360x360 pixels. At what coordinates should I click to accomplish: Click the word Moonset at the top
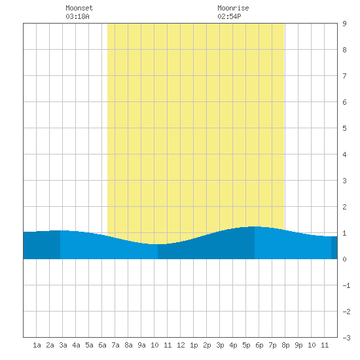[79, 8]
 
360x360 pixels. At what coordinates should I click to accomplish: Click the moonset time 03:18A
[77, 16]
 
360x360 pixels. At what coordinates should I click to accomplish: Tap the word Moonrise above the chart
[233, 8]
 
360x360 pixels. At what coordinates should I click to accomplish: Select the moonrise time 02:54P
[229, 16]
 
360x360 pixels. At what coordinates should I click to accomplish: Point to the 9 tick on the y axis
[344, 24]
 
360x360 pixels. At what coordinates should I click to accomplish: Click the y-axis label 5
[344, 128]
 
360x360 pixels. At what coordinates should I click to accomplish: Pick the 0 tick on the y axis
[344, 259]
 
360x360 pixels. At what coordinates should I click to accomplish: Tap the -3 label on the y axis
[346, 338]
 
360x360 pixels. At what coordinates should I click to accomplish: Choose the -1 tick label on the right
[346, 285]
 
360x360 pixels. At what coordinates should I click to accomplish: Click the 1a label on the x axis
[37, 345]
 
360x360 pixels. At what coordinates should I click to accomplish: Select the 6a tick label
[102, 345]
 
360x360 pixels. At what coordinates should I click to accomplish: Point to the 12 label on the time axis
[181, 345]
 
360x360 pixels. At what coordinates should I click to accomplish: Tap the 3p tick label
[220, 345]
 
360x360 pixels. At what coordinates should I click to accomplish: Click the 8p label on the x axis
[285, 345]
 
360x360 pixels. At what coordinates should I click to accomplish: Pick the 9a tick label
[141, 345]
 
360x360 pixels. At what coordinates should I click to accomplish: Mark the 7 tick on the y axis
[344, 76]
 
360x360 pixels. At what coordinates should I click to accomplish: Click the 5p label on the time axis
[246, 345]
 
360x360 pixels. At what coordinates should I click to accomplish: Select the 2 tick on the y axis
[344, 207]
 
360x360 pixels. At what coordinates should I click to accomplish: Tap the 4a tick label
[76, 345]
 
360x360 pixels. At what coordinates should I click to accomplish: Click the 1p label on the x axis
[194, 345]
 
